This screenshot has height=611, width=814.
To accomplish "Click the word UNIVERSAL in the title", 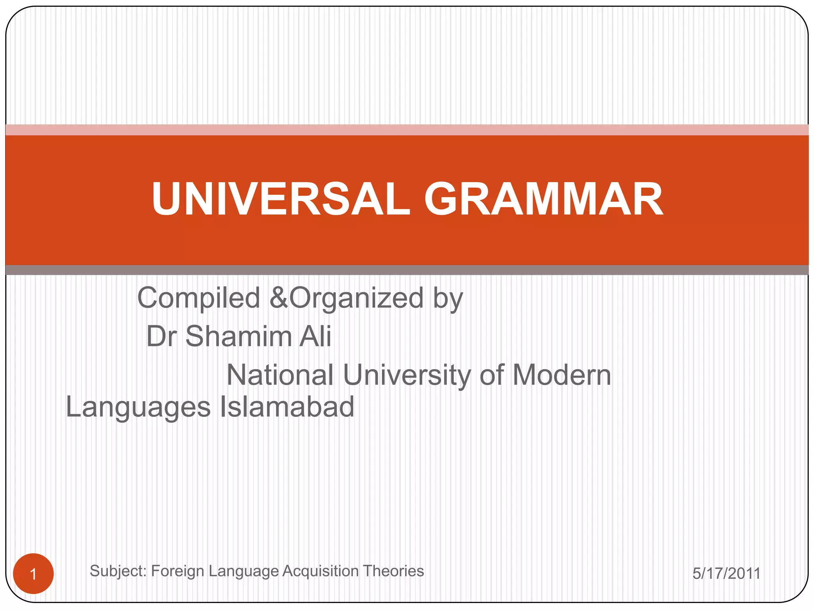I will click(x=280, y=199).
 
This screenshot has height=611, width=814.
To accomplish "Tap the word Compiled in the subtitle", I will click(x=198, y=298).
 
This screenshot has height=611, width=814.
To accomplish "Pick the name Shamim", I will click(x=238, y=337).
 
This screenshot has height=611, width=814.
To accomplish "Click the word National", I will click(x=280, y=375).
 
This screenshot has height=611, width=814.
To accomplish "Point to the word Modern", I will click(x=562, y=375).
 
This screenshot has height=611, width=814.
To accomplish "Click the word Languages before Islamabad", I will click(x=138, y=408).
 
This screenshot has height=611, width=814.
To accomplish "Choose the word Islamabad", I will click(x=287, y=407).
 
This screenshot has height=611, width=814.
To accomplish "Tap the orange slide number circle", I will click(x=33, y=574).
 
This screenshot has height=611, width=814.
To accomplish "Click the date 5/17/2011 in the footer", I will click(x=726, y=574).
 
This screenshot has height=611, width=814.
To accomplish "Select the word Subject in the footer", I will click(x=118, y=572).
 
